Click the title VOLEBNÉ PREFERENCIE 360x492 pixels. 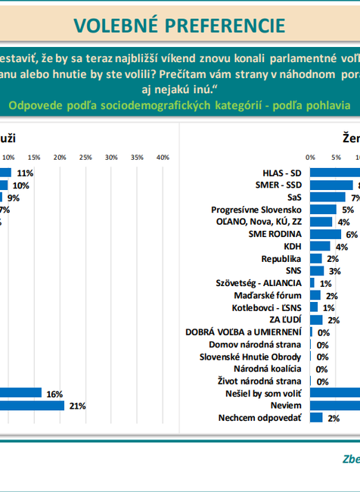click(x=179, y=25)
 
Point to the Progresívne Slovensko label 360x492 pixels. click(x=257, y=209)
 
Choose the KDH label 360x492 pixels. click(x=293, y=246)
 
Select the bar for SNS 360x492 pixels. click(x=316, y=270)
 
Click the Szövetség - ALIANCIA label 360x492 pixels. click(x=261, y=283)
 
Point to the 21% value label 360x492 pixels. click(x=76, y=406)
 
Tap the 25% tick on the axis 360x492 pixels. click(x=85, y=157)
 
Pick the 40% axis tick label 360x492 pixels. click(x=162, y=157)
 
